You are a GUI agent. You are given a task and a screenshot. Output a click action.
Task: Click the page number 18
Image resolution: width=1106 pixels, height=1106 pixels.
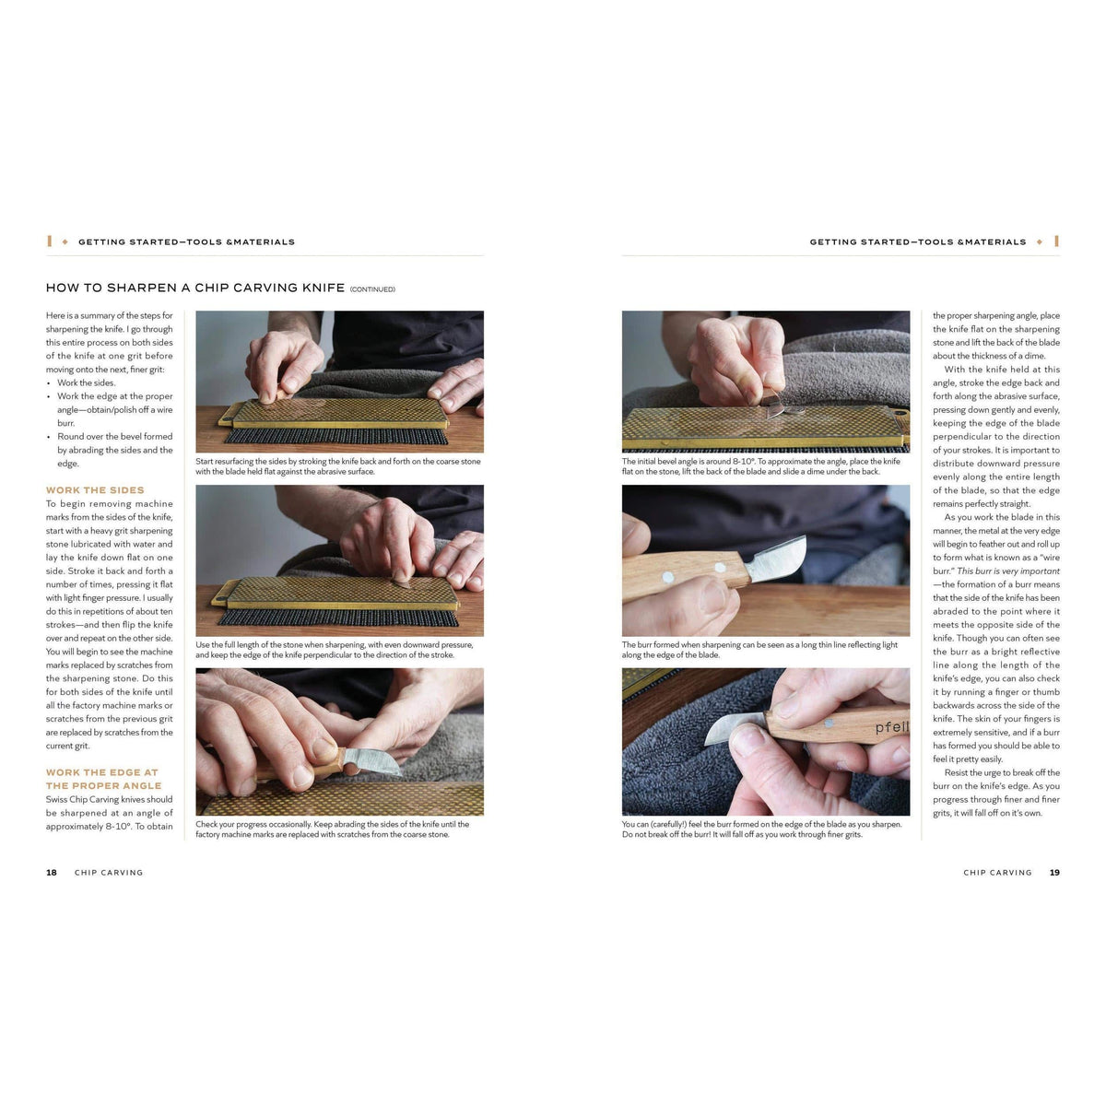click(x=52, y=873)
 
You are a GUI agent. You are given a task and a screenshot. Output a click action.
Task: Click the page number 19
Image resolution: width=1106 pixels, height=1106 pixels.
click(x=1054, y=873)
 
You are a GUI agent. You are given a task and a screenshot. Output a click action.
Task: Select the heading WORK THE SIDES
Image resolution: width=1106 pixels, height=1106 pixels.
click(x=95, y=490)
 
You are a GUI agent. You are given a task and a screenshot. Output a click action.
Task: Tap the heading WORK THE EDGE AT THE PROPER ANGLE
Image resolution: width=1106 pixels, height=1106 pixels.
click(x=104, y=779)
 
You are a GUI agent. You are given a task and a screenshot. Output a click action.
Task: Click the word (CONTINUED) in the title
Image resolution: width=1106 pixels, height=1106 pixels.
click(x=372, y=289)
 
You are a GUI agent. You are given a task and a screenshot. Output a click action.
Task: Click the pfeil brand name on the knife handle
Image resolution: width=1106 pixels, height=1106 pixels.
click(x=892, y=728)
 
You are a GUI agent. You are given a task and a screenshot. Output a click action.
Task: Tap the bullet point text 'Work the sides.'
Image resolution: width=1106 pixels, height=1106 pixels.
click(x=86, y=382)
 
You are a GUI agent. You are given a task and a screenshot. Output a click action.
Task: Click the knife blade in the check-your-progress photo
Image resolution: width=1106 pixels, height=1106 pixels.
click(x=373, y=761)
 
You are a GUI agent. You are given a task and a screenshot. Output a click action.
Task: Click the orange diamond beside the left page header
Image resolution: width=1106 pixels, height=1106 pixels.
click(x=65, y=242)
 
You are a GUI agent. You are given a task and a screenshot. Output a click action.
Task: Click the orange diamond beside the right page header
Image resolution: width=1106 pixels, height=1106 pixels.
click(x=1040, y=242)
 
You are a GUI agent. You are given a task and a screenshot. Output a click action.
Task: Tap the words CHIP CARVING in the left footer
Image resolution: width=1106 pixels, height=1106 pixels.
click(x=109, y=873)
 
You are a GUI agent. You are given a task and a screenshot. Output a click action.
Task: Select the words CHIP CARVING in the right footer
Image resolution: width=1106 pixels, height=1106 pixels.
click(x=997, y=873)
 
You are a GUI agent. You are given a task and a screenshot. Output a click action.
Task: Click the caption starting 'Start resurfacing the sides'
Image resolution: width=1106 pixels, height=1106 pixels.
click(x=338, y=466)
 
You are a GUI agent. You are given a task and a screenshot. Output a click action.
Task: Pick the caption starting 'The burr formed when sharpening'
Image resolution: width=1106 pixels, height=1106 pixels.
click(x=759, y=650)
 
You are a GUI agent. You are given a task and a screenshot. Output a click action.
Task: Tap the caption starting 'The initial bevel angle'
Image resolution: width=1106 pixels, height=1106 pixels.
click(x=761, y=466)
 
